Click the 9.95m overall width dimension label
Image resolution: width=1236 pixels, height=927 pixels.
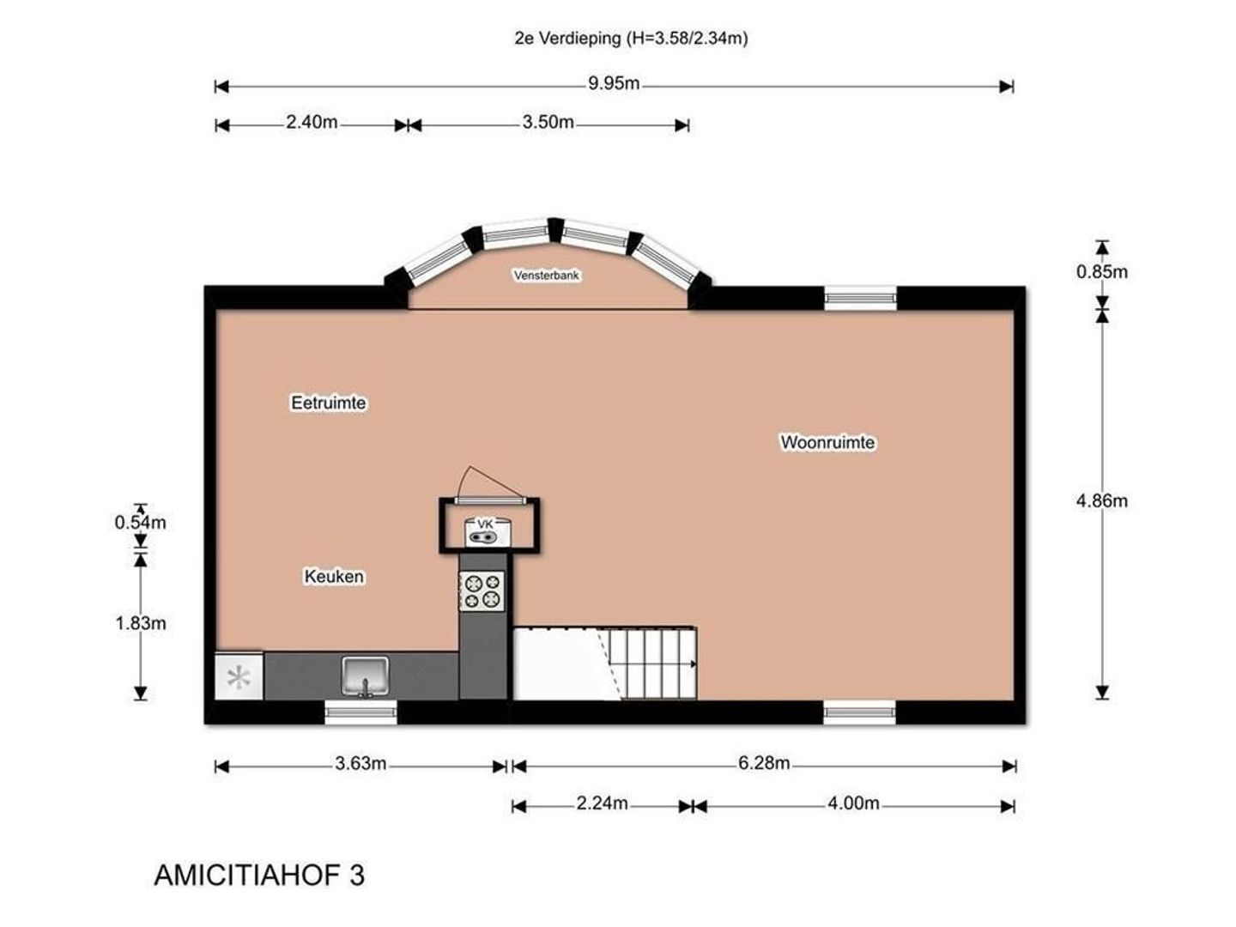pyautogui.click(x=613, y=84)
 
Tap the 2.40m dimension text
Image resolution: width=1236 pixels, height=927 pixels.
pyautogui.click(x=312, y=122)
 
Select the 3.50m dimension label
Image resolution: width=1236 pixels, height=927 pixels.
pyautogui.click(x=548, y=122)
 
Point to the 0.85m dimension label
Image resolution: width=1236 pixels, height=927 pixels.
pyautogui.click(x=1101, y=272)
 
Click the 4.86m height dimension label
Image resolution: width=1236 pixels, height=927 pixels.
pyautogui.click(x=1101, y=501)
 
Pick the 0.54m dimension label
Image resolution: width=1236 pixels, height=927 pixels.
pyautogui.click(x=140, y=523)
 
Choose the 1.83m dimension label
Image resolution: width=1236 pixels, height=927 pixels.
pyautogui.click(x=140, y=623)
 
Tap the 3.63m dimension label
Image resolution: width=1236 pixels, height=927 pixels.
pyautogui.click(x=360, y=764)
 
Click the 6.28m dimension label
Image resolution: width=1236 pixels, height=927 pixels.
pyautogui.click(x=764, y=764)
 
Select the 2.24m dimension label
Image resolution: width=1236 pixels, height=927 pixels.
pyautogui.click(x=602, y=803)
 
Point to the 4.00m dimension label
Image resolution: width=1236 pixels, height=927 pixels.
pyautogui.click(x=853, y=803)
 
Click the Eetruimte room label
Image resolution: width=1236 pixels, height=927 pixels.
pyautogui.click(x=328, y=403)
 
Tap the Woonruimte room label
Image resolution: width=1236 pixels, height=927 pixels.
pyautogui.click(x=827, y=442)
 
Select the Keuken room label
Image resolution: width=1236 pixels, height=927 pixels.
pyautogui.click(x=334, y=576)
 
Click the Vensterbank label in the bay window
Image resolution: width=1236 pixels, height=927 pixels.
pyautogui.click(x=546, y=276)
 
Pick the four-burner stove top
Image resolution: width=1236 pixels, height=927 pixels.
pyautogui.click(x=482, y=591)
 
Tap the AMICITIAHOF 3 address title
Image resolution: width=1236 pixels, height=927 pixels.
pyautogui.click(x=259, y=875)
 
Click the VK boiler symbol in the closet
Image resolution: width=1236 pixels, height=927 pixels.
pyautogui.click(x=484, y=532)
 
